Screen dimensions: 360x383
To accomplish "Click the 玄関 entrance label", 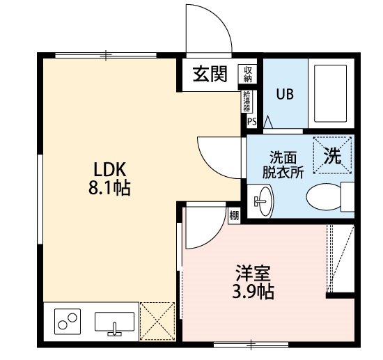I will coord(210,74).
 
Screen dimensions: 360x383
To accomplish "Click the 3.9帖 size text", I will coord(252,291).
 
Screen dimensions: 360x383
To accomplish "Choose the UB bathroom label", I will coord(285,93).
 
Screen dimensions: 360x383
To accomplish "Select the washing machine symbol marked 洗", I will coord(332,157).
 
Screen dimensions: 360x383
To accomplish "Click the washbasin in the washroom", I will coord(264,202).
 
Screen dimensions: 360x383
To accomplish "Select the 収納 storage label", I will coord(248,73).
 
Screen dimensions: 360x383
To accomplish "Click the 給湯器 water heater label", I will coord(247,102).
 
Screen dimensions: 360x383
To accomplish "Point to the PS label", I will coord(251,123).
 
